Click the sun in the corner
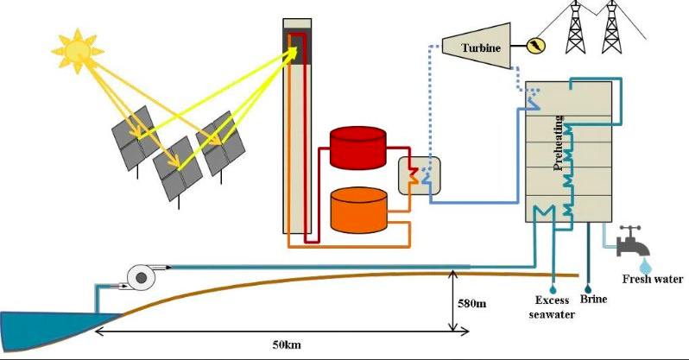coord(78,50)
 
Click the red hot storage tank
coord(358,147)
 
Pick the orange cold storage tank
coord(359,210)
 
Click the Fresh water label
coord(653,279)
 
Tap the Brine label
coord(593,299)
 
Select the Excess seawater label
coord(553,306)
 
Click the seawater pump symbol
coord(139,275)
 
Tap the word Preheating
coord(559,142)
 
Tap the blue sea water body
coord(43,329)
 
